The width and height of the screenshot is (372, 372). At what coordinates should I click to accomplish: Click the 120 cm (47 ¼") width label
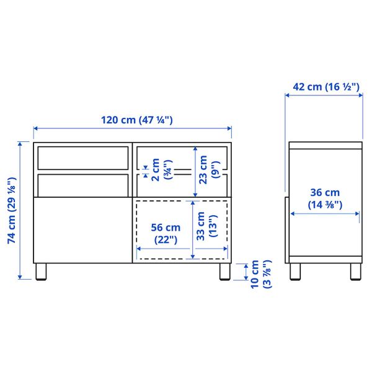pyautogui.click(x=133, y=120)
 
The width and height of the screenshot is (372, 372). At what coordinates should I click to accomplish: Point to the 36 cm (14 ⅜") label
pyautogui.click(x=325, y=198)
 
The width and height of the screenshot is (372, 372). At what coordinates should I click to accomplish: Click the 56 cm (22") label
pyautogui.click(x=164, y=232)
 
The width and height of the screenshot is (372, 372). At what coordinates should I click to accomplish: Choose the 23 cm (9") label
pyautogui.click(x=206, y=168)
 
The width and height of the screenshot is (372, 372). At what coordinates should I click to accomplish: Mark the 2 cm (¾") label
pyautogui.click(x=159, y=168)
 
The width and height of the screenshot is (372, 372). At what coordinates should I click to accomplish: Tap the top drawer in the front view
pyautogui.click(x=82, y=157)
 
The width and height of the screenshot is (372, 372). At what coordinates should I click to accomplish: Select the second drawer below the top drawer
pyautogui.click(x=82, y=184)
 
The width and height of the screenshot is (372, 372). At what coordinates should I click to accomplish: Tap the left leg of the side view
pyautogui.click(x=296, y=272)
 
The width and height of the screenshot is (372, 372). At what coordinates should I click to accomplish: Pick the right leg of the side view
pyautogui.click(x=355, y=272)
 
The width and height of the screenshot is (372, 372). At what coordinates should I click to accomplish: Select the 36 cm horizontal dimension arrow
pyautogui.click(x=325, y=214)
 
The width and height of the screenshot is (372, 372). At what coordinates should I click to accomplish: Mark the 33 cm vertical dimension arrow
pyautogui.click(x=194, y=228)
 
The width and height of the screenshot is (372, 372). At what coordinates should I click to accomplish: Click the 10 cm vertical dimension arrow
pyautogui.click(x=247, y=272)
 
